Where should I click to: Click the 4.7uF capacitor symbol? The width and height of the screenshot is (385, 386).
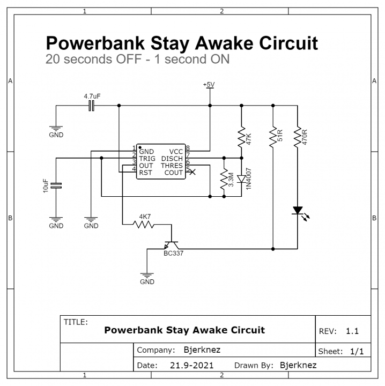point(92,106)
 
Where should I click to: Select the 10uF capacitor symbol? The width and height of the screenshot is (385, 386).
point(56,186)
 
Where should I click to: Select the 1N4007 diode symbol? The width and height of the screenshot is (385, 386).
point(241,179)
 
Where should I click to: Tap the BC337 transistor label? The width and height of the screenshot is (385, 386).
point(173,253)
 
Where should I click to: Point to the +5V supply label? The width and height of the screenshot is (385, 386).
point(209,85)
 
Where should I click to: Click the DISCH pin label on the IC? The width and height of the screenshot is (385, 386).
point(172,159)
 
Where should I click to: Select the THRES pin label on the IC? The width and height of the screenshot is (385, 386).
point(172,166)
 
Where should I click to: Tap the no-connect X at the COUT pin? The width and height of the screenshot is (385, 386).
point(193,172)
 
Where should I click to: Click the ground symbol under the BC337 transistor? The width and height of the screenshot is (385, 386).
point(147,276)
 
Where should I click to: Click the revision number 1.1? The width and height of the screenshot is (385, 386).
point(352,331)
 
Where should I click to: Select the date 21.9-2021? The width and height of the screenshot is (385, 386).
point(192,365)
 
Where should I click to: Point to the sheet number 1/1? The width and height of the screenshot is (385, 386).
point(357,352)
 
